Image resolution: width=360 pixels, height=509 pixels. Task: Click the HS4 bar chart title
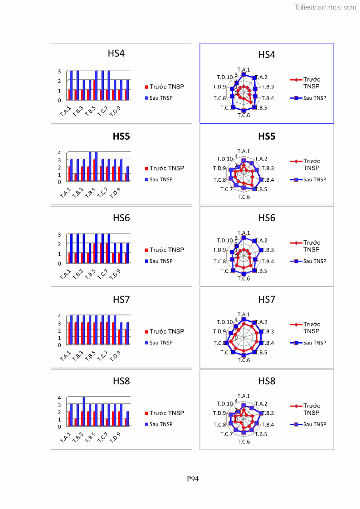coord(116,53)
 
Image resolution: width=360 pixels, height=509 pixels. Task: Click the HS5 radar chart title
coord(267,136)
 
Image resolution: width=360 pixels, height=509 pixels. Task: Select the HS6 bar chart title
coord(122,218)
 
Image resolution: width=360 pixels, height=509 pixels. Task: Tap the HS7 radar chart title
coord(267,300)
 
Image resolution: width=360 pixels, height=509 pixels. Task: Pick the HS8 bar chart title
coord(122,381)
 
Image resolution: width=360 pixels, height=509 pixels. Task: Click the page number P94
coord(193,479)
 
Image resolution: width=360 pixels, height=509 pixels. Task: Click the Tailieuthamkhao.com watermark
coord(325,7)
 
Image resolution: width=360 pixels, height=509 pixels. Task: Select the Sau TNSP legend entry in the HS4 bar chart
coord(161,98)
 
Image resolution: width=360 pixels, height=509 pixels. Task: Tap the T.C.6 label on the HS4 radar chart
coord(244,115)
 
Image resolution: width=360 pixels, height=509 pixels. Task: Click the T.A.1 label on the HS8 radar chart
coord(244,396)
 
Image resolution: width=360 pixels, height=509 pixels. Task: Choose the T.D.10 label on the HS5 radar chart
coord(224,159)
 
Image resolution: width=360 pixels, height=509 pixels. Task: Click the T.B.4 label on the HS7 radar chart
coord(268,343)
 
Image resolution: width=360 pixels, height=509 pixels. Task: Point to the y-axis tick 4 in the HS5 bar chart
coord(59,153)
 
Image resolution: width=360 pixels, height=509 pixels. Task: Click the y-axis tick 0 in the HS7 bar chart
coord(59,345)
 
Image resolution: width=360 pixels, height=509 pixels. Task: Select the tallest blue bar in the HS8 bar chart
coord(84,411)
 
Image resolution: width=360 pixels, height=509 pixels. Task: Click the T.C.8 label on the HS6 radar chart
coord(220,262)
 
